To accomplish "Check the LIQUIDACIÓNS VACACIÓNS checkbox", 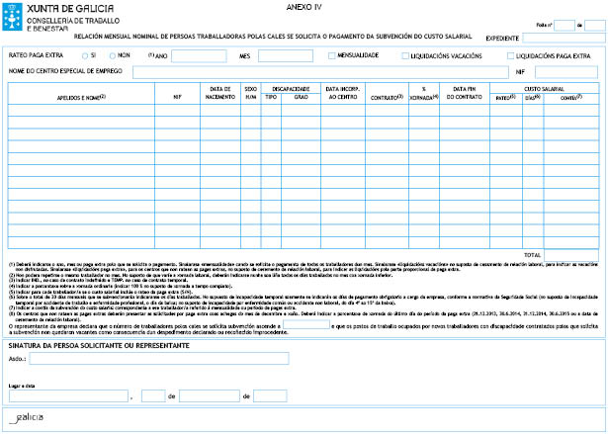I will pos(405,55).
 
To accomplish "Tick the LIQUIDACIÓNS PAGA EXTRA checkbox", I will pos(508,55).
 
